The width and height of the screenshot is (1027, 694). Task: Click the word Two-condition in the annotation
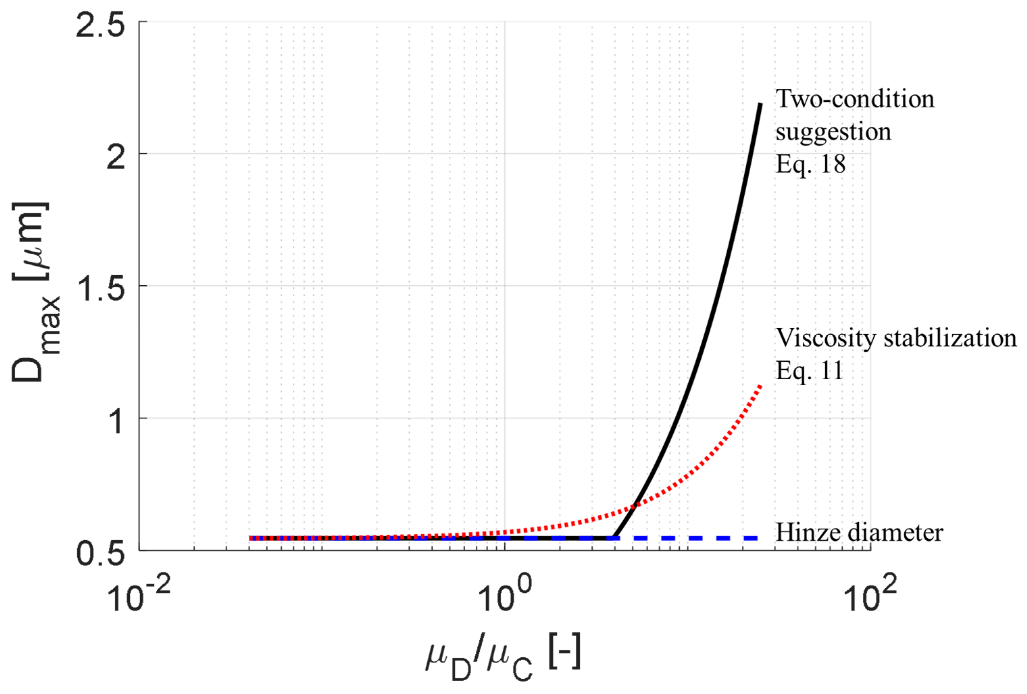pos(855,99)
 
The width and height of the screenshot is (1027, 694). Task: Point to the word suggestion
pos(833,132)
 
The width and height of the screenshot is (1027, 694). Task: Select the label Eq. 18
pos(810,164)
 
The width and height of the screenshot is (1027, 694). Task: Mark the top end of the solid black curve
pos(760,104)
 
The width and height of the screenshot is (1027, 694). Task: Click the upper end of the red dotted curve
pos(760,386)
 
